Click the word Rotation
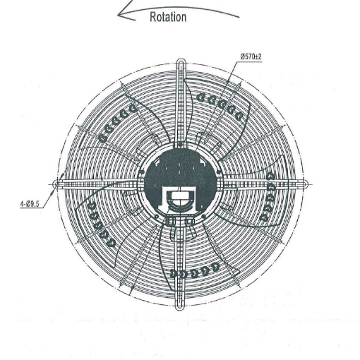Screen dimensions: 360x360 (x=168, y=17)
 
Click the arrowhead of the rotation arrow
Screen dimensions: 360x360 (x=126, y=13)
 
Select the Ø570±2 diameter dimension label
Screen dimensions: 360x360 (x=251, y=56)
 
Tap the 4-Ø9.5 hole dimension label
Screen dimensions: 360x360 (x=30, y=204)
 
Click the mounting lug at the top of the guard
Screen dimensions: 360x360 (x=181, y=63)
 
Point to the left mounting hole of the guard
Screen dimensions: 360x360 (x=56, y=184)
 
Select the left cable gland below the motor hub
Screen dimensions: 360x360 (x=170, y=221)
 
